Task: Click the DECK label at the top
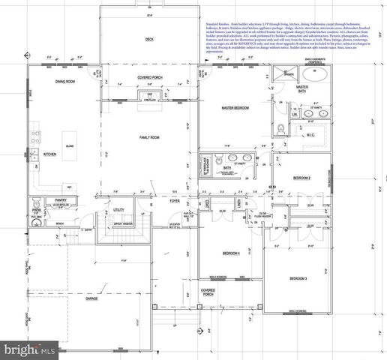(x=149, y=39)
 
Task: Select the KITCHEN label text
(x=49, y=154)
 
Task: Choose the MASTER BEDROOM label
(x=235, y=108)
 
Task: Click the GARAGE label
(x=91, y=298)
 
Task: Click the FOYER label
(x=174, y=201)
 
